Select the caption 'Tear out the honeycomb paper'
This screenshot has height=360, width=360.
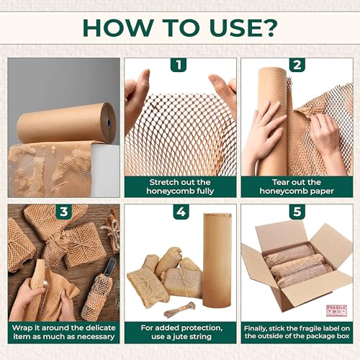pos(295,186)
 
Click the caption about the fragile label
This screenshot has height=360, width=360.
pos(295,333)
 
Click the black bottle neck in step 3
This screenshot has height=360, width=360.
pos(110,268)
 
